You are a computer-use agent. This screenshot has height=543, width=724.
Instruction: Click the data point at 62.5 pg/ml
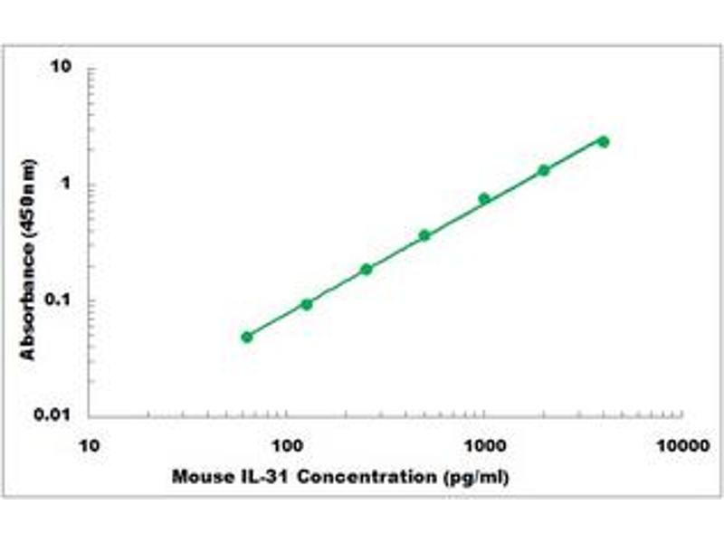(x=247, y=337)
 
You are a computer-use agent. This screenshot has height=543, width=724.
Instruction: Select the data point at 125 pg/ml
(x=307, y=304)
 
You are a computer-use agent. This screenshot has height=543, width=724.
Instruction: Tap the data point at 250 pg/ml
(x=367, y=269)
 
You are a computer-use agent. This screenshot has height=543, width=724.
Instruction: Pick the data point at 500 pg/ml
(x=424, y=235)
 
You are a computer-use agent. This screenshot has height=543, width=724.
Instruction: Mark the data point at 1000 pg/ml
(x=484, y=198)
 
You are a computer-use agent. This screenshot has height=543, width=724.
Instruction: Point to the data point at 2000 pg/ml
(x=544, y=170)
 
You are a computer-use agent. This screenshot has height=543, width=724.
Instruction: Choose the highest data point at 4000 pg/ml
(x=604, y=141)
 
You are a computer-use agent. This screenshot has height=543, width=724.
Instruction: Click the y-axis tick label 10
(x=62, y=68)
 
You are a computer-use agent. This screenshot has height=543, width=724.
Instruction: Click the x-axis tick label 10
(x=89, y=446)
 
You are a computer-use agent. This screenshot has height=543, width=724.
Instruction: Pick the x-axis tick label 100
(x=287, y=446)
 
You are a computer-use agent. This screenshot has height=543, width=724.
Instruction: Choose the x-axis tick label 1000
(x=484, y=446)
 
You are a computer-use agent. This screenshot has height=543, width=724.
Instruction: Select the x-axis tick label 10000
(x=681, y=446)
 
